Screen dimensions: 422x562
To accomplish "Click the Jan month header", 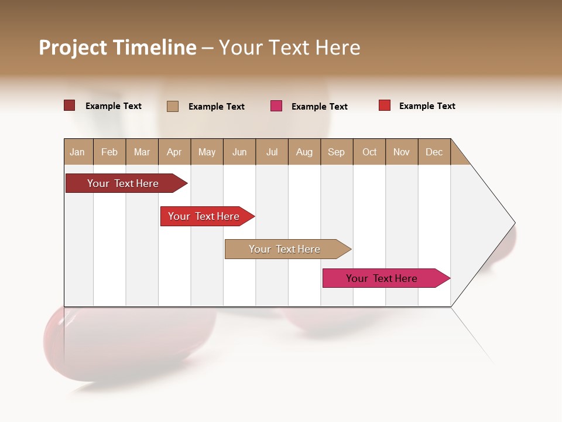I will [78, 152].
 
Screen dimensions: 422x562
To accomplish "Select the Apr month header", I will [174, 152].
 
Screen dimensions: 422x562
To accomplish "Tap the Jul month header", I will [272, 152].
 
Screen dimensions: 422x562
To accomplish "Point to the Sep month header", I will [337, 152].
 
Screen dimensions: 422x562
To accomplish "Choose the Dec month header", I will [434, 152].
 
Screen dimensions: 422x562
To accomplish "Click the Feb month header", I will [109, 152].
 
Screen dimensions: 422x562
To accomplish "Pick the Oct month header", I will [369, 152].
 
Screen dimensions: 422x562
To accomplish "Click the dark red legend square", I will [69, 105].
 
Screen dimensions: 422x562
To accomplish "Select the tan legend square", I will [173, 106].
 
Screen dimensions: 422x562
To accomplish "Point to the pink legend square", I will [276, 106].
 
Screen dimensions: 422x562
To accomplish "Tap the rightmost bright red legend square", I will [384, 105].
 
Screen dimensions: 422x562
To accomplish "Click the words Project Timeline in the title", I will [118, 47].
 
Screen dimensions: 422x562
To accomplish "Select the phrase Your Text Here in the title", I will [289, 47].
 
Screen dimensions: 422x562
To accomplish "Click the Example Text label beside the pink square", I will [319, 107].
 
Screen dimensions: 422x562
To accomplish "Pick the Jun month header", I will [239, 152].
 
